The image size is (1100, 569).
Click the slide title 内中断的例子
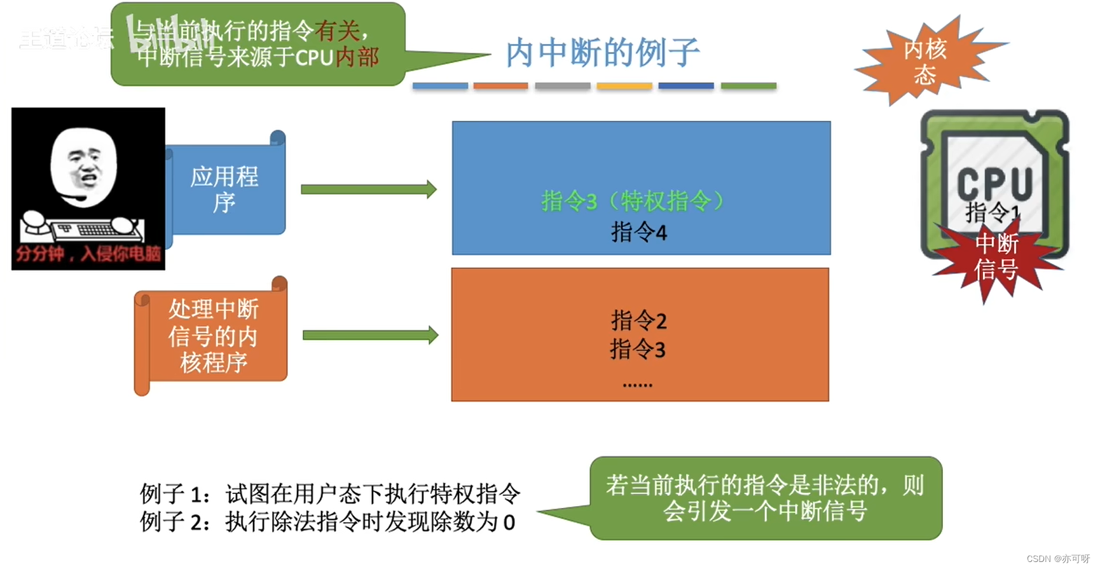(602, 53)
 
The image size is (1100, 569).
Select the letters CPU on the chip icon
(994, 183)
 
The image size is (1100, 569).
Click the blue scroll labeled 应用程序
(224, 189)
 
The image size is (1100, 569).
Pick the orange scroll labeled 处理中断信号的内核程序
(213, 336)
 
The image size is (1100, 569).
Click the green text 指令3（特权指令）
(633, 202)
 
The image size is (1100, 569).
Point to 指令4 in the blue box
(639, 232)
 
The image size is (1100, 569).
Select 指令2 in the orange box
(639, 320)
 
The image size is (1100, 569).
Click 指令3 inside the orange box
(638, 349)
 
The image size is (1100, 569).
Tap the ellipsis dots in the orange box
(637, 384)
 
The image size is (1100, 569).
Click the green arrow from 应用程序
(368, 189)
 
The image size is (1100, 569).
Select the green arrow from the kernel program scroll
(370, 335)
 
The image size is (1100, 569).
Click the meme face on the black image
(83, 165)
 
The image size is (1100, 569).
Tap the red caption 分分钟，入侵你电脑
(88, 254)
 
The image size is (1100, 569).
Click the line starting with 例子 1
(330, 493)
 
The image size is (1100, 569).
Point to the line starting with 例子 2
(327, 522)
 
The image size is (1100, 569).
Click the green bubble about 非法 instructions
(765, 498)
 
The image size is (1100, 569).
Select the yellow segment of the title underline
(624, 86)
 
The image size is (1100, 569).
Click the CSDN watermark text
(1057, 558)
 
